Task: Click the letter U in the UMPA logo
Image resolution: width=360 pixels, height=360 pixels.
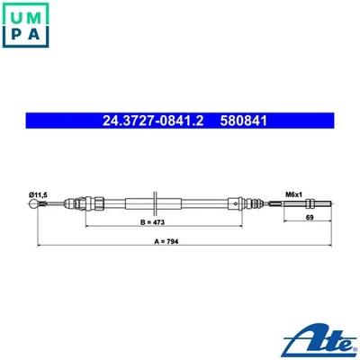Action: [15, 14]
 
